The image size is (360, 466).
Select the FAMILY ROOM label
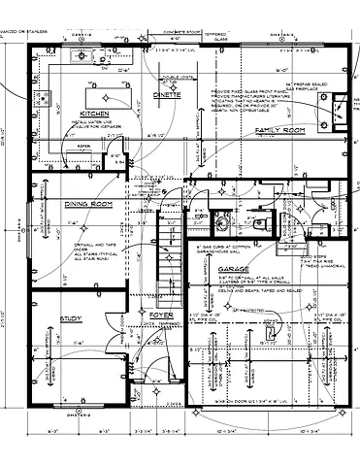click(280, 129)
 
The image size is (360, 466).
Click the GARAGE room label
click(236, 268)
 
